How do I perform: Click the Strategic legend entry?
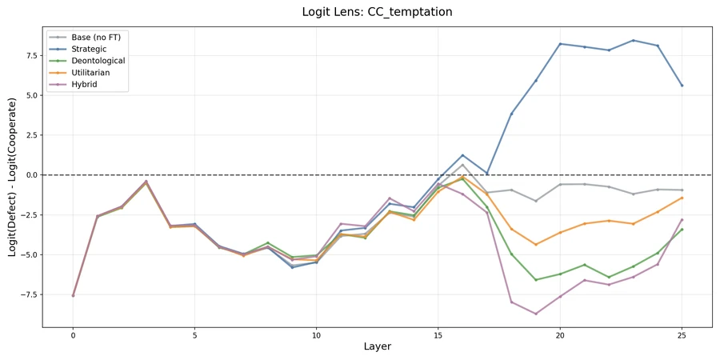pyautogui.click(x=88, y=49)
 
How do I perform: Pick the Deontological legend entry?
pyautogui.click(x=97, y=61)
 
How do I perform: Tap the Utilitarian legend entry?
pyautogui.click(x=90, y=73)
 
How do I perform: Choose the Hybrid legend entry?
pyautogui.click(x=84, y=84)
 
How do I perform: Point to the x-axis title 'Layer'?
pyautogui.click(x=377, y=346)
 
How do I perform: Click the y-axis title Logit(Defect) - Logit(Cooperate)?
pyautogui.click(x=13, y=177)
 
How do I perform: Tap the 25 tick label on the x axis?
pyautogui.click(x=682, y=336)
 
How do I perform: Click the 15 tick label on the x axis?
pyautogui.click(x=438, y=336)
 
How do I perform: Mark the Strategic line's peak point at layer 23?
pyautogui.click(x=633, y=40)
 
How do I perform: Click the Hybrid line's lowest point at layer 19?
pyautogui.click(x=535, y=314)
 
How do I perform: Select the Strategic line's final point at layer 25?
pyautogui.click(x=682, y=86)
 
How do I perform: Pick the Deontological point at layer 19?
pyautogui.click(x=535, y=280)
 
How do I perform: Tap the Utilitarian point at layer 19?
pyautogui.click(x=535, y=244)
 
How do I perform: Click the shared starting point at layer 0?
pyautogui.click(x=73, y=295)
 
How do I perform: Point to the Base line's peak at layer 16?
pyautogui.click(x=462, y=165)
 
